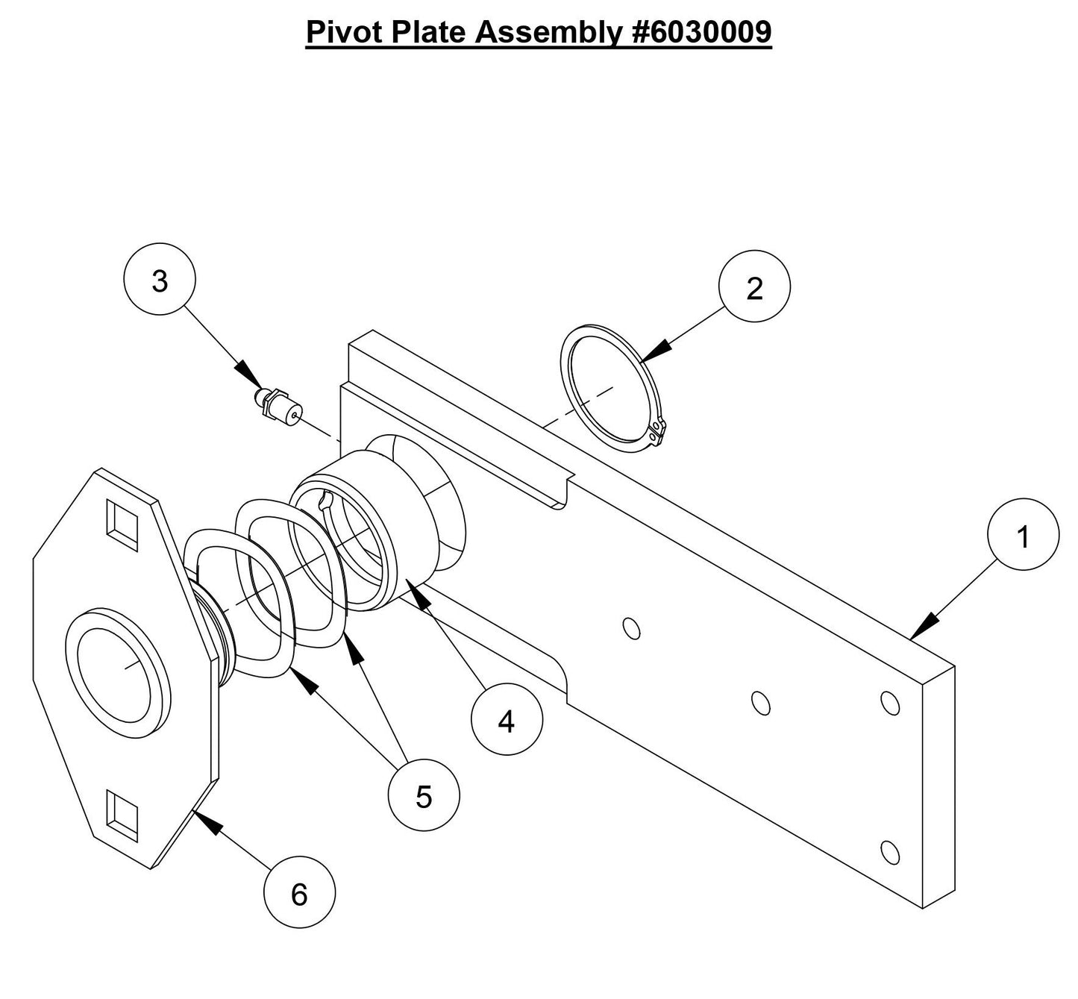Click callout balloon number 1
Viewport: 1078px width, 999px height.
[x=1022, y=536]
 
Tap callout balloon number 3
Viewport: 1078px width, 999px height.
[x=159, y=281]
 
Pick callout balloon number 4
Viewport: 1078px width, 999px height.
[x=507, y=721]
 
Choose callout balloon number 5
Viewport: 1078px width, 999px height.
[x=424, y=797]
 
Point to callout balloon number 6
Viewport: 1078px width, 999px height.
[x=299, y=893]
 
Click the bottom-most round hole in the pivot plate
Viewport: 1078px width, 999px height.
[x=889, y=851]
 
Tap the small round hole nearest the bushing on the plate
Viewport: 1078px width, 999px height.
[x=631, y=628]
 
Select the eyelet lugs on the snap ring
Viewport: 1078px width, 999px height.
[x=656, y=432]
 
